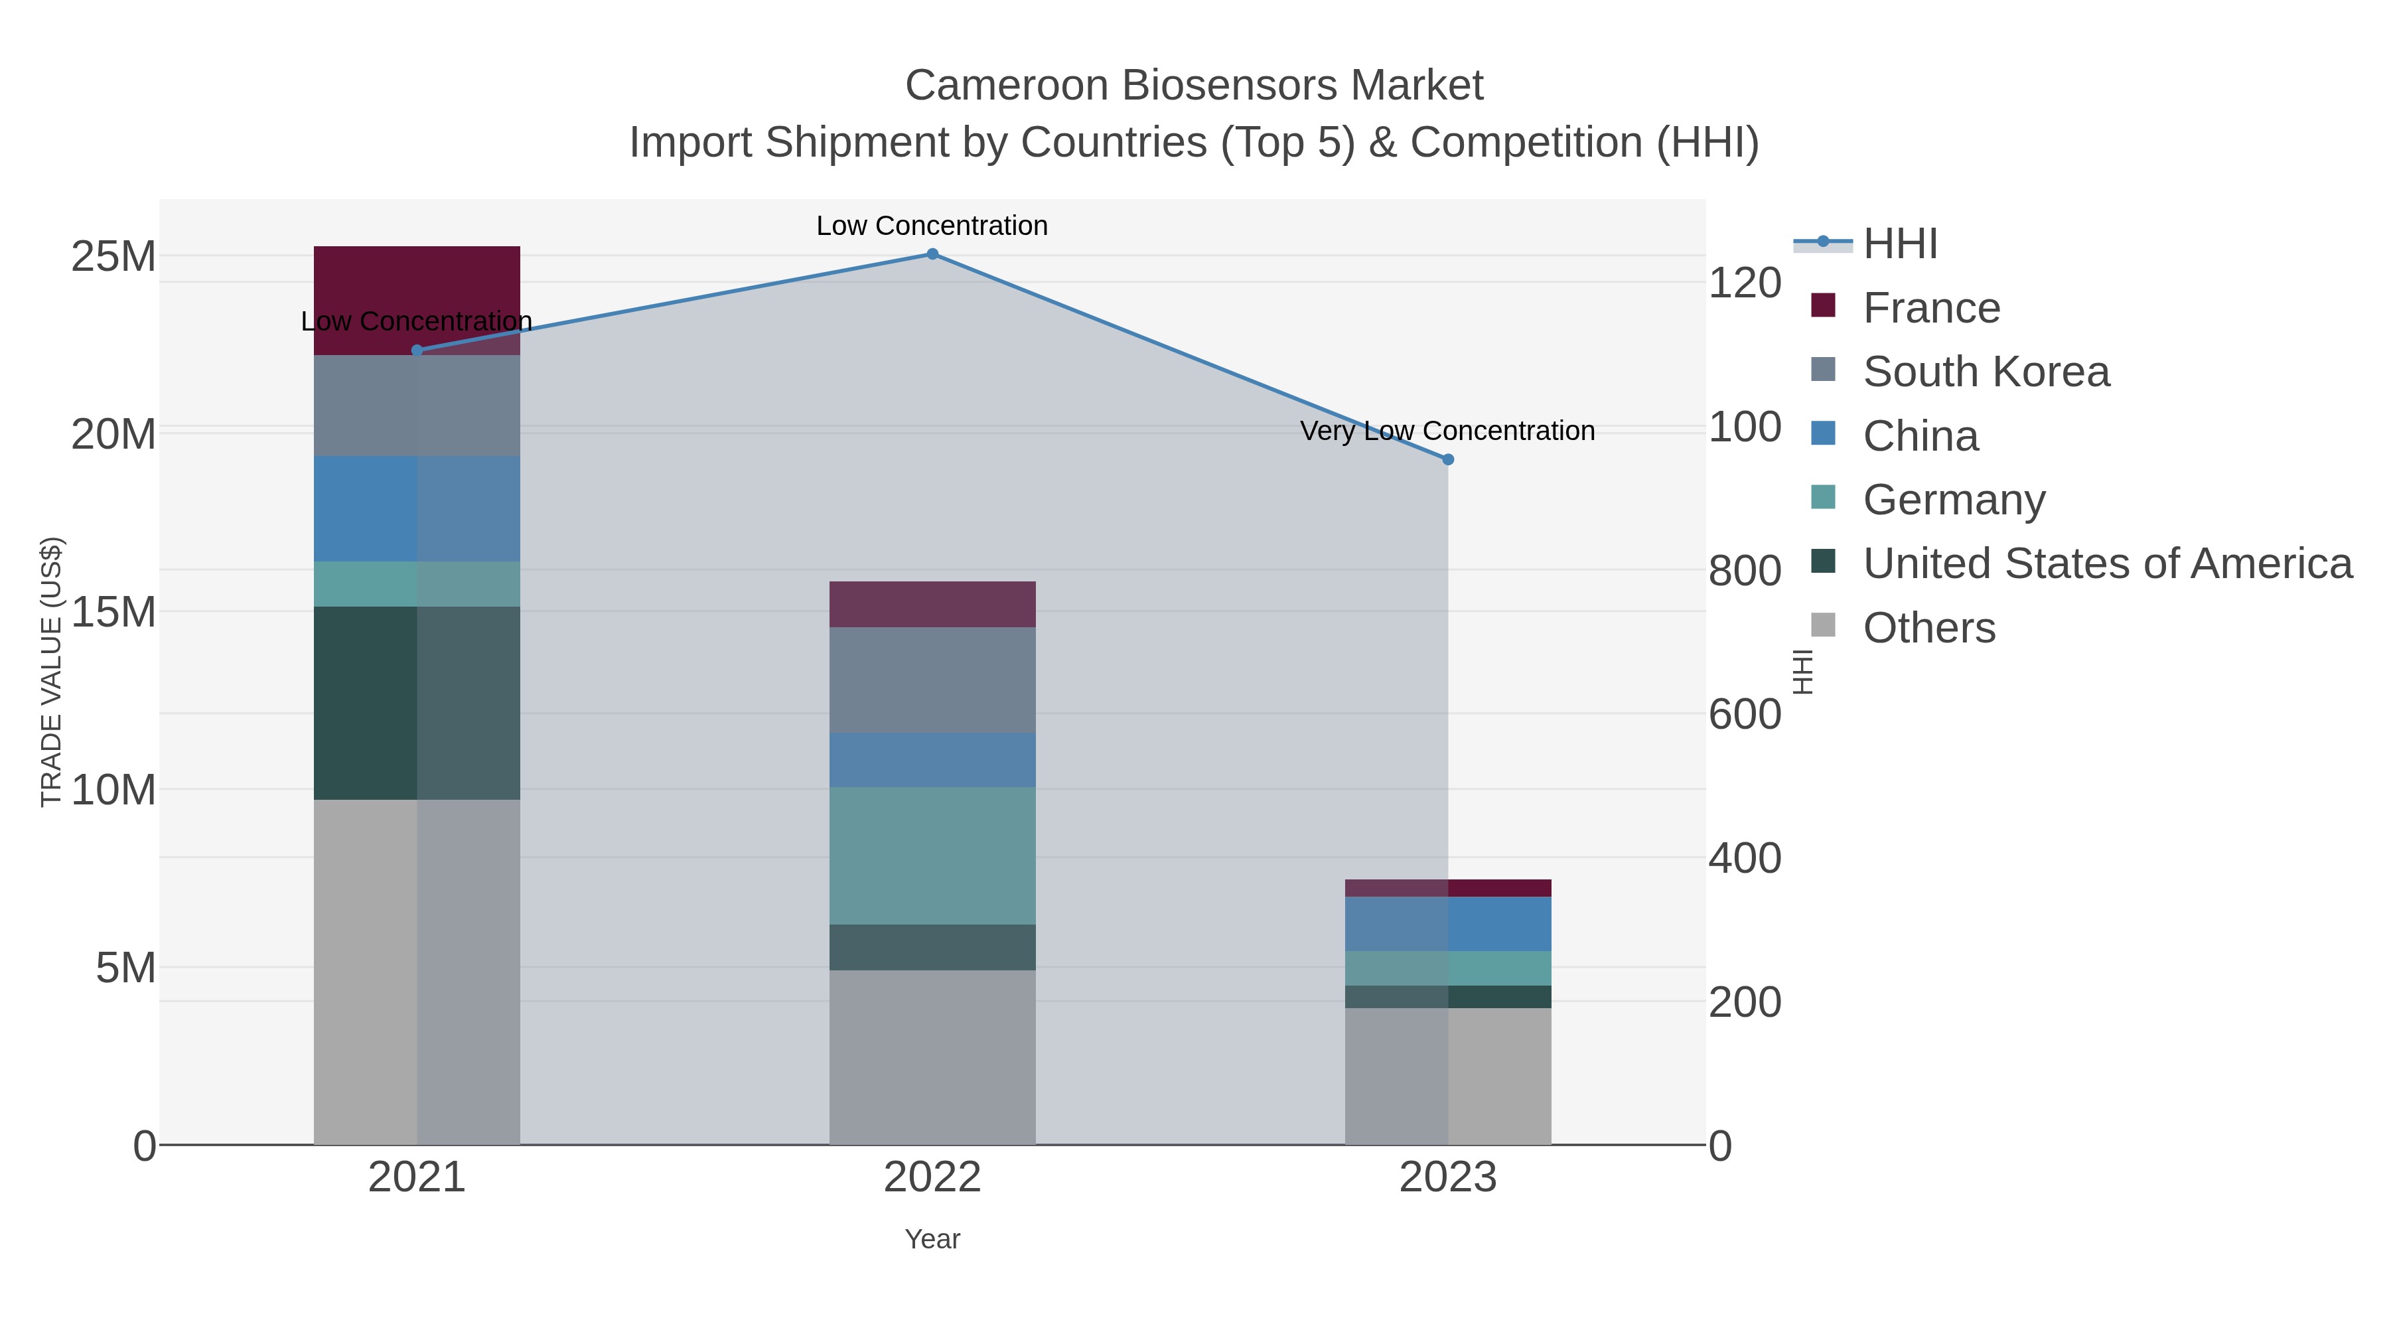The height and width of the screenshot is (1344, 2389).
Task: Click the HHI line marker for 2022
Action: tap(932, 254)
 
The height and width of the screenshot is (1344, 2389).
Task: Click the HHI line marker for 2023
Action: tap(1448, 459)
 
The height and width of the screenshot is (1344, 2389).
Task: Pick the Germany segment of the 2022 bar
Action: tap(932, 856)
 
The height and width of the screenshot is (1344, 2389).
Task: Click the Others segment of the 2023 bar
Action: tap(1448, 1076)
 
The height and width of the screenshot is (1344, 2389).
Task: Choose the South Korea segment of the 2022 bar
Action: tap(932, 680)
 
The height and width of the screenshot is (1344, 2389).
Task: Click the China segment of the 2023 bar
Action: tap(1448, 924)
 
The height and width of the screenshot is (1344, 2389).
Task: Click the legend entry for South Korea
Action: tap(1985, 372)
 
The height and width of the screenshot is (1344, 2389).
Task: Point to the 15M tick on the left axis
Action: tap(113, 612)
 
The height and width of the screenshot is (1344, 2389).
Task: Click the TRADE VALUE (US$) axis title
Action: tap(52, 672)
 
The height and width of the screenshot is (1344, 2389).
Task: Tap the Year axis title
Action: tap(932, 1239)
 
